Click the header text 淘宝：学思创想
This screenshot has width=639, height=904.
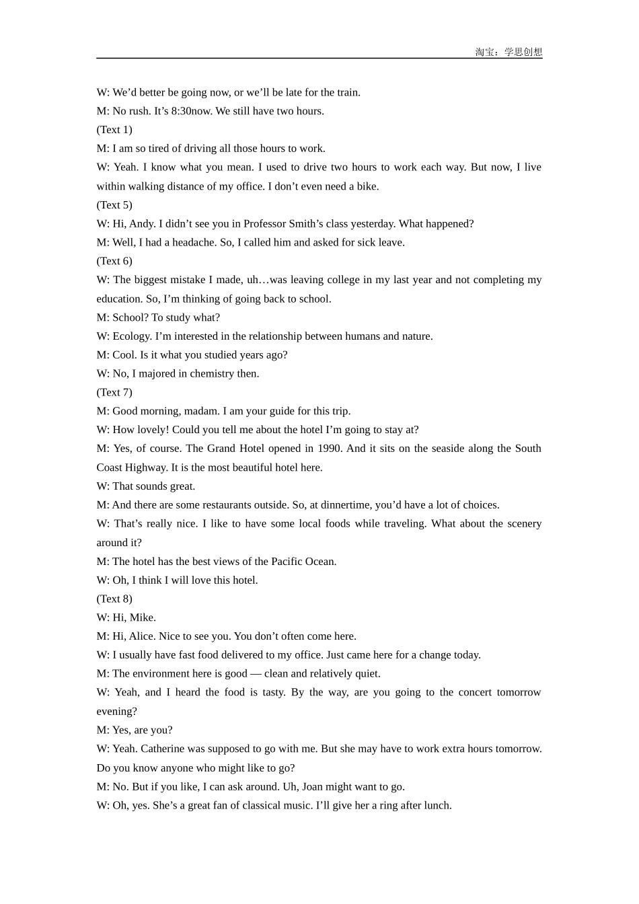(x=509, y=52)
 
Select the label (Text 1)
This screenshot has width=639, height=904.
(x=114, y=130)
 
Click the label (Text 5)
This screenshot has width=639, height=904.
(x=114, y=205)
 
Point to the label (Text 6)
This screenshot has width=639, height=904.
(x=114, y=261)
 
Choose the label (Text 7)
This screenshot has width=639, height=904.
(x=114, y=392)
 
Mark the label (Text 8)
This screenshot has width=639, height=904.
(x=114, y=599)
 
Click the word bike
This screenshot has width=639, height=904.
(x=367, y=186)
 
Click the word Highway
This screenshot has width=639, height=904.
(x=145, y=467)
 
